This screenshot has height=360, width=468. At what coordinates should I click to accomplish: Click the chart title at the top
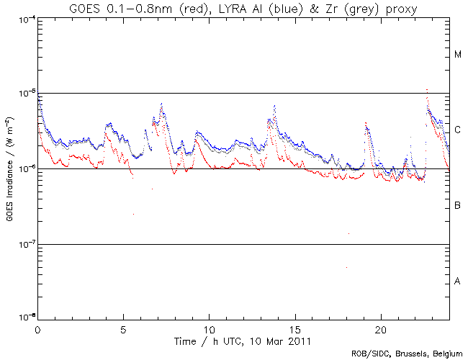(x=243, y=9)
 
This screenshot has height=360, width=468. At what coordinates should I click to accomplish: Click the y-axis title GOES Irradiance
(x=11, y=168)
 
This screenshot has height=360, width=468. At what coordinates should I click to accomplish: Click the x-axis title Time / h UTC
(x=243, y=338)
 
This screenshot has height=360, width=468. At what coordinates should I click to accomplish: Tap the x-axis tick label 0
(x=37, y=328)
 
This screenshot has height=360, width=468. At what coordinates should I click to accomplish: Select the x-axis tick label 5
(x=123, y=328)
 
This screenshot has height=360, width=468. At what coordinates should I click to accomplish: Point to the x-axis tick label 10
(x=209, y=328)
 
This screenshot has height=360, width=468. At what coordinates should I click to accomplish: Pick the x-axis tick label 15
(x=294, y=328)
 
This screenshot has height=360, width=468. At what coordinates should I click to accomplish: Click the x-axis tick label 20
(x=380, y=328)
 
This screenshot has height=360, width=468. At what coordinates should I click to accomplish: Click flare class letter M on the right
(x=457, y=55)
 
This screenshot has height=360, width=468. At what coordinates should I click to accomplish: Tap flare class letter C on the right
(x=457, y=130)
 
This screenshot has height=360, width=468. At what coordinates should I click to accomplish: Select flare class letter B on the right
(x=457, y=206)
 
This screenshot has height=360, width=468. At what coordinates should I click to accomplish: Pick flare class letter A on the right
(x=457, y=282)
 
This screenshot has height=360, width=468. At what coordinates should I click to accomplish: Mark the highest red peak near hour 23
(x=428, y=90)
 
